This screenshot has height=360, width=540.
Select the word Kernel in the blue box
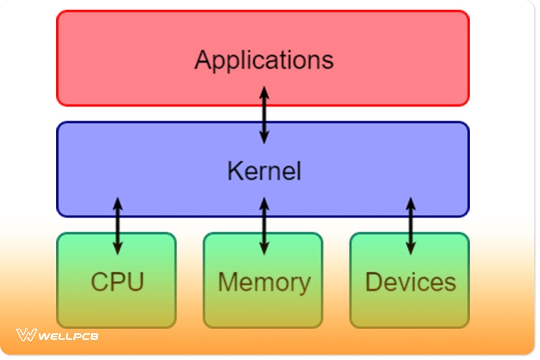point(264,171)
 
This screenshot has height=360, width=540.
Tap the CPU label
point(117,282)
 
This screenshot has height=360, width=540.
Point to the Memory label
point(264,282)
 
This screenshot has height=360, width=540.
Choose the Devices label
point(410,282)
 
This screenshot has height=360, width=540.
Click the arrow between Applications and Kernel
point(264,115)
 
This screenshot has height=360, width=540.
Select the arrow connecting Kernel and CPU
point(117,225)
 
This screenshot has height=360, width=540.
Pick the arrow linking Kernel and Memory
point(264,225)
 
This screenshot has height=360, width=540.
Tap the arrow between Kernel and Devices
point(410,225)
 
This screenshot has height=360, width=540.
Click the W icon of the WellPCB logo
point(26,335)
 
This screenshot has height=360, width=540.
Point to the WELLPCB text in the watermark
point(68,336)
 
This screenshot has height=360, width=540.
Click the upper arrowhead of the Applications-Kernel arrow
point(264,93)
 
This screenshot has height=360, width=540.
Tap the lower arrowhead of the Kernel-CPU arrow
point(117,248)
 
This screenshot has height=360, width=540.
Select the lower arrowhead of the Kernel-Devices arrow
point(410,248)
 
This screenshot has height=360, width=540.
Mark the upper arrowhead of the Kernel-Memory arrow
point(264,203)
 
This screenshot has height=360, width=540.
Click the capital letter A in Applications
point(204,60)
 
